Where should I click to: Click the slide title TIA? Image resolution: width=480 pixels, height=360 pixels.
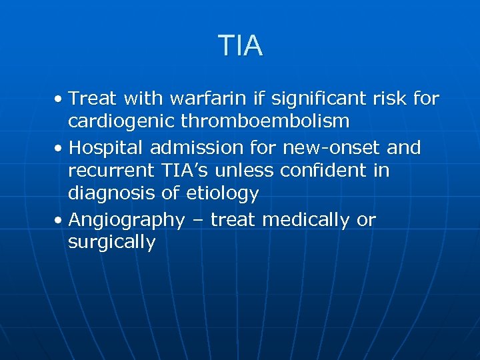240,46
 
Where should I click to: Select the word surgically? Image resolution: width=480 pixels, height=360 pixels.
111,243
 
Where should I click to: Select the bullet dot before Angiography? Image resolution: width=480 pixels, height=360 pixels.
59,220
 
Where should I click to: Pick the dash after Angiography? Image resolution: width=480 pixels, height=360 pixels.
197,219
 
